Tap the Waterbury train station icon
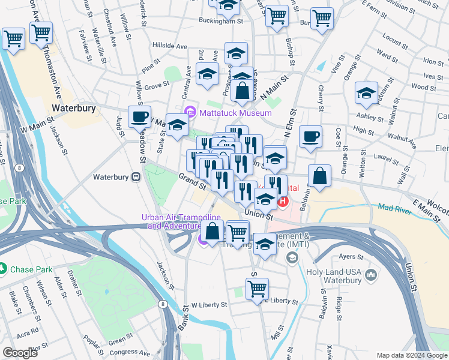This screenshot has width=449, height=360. pyautogui.click(x=137, y=177)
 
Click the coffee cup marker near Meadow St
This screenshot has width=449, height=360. pyautogui.click(x=140, y=116)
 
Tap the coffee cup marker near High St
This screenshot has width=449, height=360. pyautogui.click(x=310, y=137)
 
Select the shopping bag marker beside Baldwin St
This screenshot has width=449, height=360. pyautogui.click(x=320, y=176)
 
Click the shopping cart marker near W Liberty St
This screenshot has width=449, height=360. pyautogui.click(x=258, y=289)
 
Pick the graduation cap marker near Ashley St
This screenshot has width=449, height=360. pyautogui.click(x=366, y=93)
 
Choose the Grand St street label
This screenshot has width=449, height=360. pyautogui.click(x=193, y=181)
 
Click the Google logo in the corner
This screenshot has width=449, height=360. pyautogui.click(x=20, y=353)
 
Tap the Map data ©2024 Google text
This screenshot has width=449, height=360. pyautogui.click(x=411, y=355)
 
